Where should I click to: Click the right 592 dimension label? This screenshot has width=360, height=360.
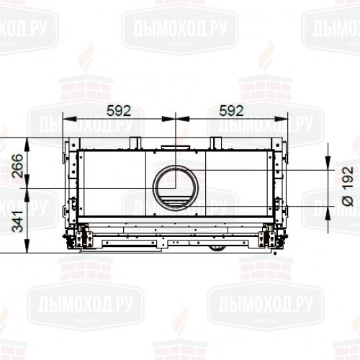point(231,110)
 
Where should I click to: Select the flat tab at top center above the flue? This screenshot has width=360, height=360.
point(174,148)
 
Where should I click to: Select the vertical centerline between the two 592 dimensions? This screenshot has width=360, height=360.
point(174,130)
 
